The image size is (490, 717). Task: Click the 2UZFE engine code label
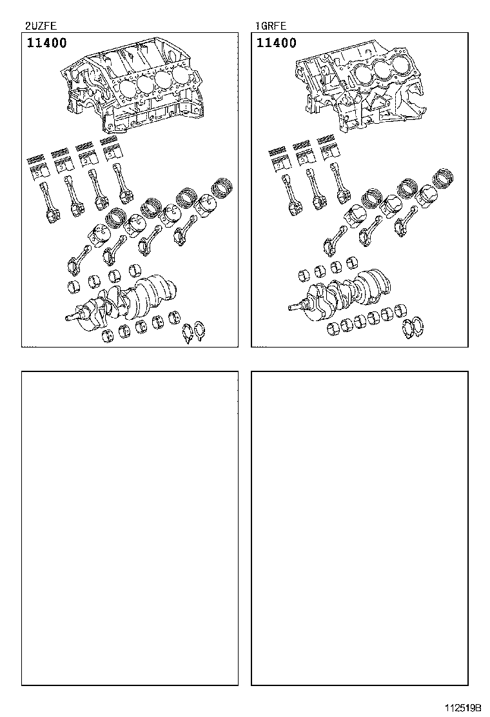click(x=41, y=26)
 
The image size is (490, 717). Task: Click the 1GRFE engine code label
click(x=271, y=26)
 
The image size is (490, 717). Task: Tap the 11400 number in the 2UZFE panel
click(x=46, y=43)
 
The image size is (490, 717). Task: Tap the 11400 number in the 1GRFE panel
click(x=276, y=43)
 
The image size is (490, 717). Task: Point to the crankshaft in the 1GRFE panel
click(x=340, y=293)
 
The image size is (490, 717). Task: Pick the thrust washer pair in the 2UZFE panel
click(x=194, y=333)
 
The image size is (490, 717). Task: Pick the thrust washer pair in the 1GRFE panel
click(x=413, y=328)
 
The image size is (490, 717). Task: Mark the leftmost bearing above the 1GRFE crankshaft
click(x=304, y=275)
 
